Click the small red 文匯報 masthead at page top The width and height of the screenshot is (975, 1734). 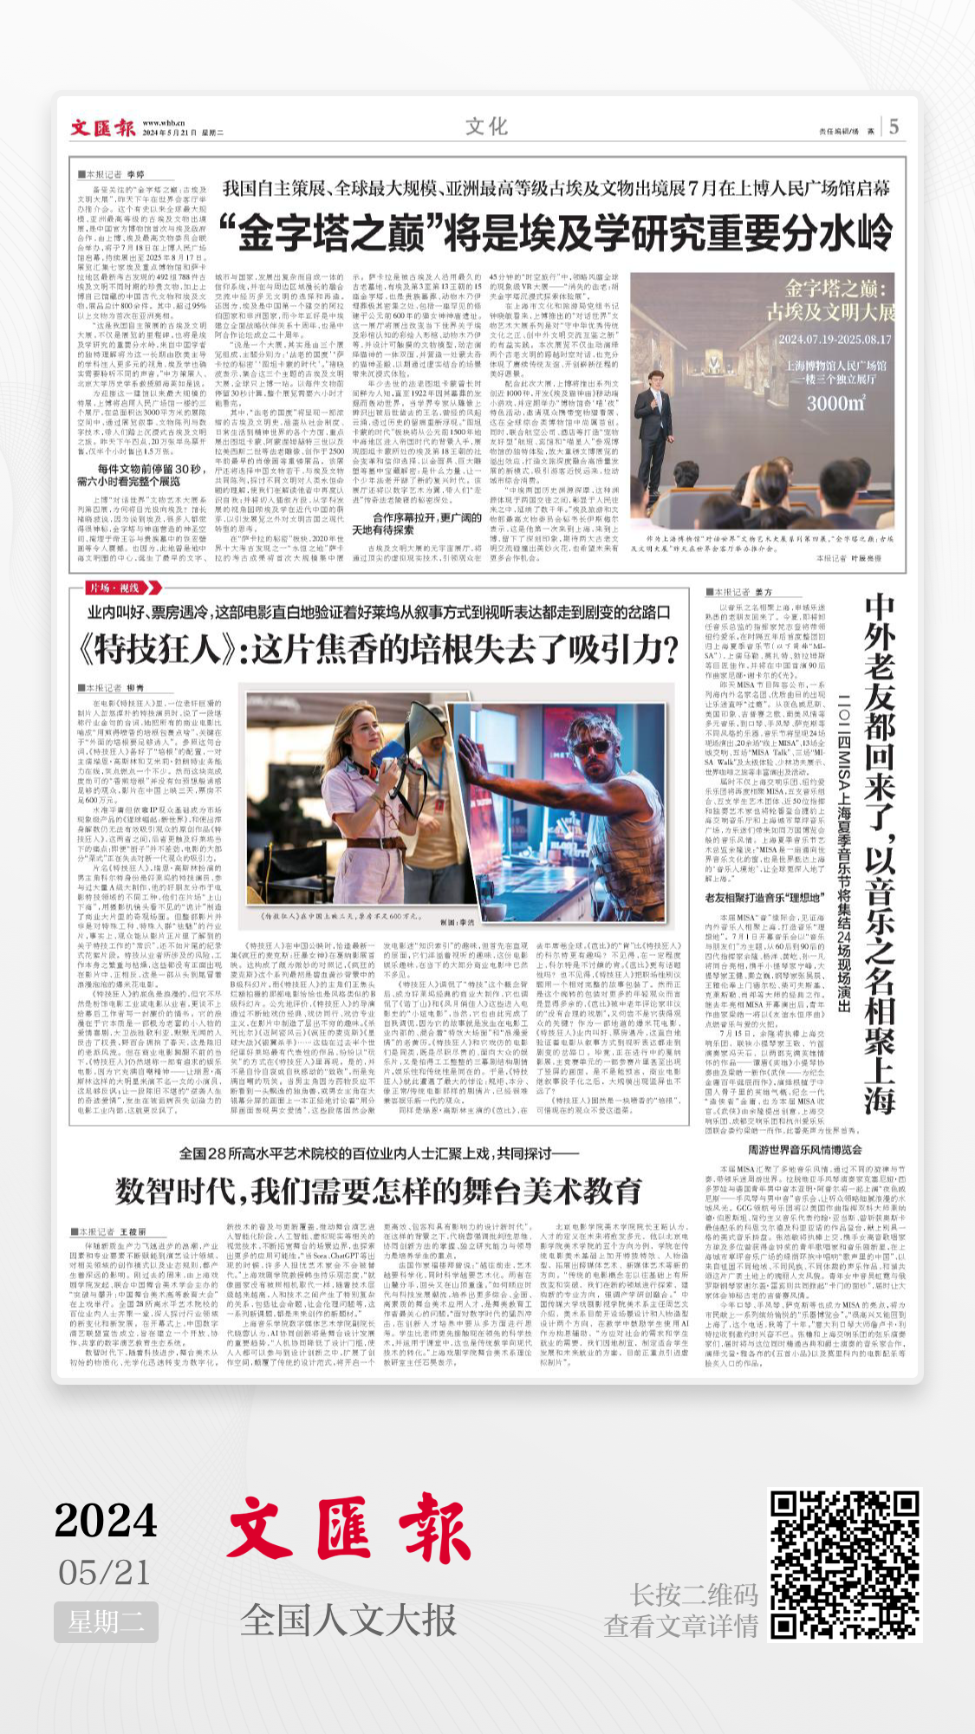102,128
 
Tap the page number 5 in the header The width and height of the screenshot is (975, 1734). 894,127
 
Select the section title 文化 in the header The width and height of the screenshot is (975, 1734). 486,127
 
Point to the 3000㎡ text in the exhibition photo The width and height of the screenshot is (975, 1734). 835,403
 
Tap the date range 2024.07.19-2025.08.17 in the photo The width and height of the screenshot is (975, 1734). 834,340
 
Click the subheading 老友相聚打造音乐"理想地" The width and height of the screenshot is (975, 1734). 764,898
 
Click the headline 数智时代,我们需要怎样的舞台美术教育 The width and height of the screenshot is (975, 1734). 379,1191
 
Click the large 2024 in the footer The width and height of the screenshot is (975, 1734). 106,1520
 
